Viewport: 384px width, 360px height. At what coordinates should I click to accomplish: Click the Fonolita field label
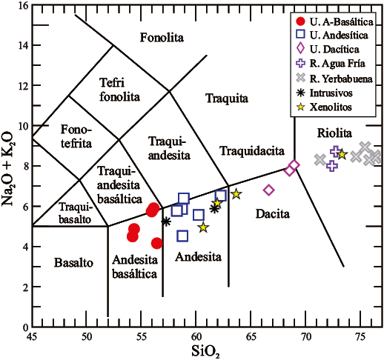(x=162, y=38)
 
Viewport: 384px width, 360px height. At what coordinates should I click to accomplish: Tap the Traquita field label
(x=227, y=99)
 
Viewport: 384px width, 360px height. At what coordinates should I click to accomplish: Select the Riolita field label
(x=334, y=133)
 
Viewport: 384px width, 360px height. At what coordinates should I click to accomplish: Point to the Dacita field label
(x=273, y=213)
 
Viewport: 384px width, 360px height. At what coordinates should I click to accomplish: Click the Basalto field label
(x=73, y=263)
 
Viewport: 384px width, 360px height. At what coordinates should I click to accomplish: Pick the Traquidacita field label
(x=252, y=151)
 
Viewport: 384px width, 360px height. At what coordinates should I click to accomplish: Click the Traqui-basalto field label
(x=75, y=213)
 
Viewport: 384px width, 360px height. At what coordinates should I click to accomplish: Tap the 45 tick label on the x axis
(x=32, y=337)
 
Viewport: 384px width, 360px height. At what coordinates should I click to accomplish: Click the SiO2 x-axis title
(x=205, y=352)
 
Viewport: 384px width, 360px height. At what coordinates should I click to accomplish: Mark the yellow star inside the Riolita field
(x=342, y=155)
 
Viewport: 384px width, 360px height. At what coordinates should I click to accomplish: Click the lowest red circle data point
(x=156, y=243)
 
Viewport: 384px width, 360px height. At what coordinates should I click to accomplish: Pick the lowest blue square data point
(x=182, y=236)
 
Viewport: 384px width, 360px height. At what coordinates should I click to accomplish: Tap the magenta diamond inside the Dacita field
(x=269, y=190)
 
